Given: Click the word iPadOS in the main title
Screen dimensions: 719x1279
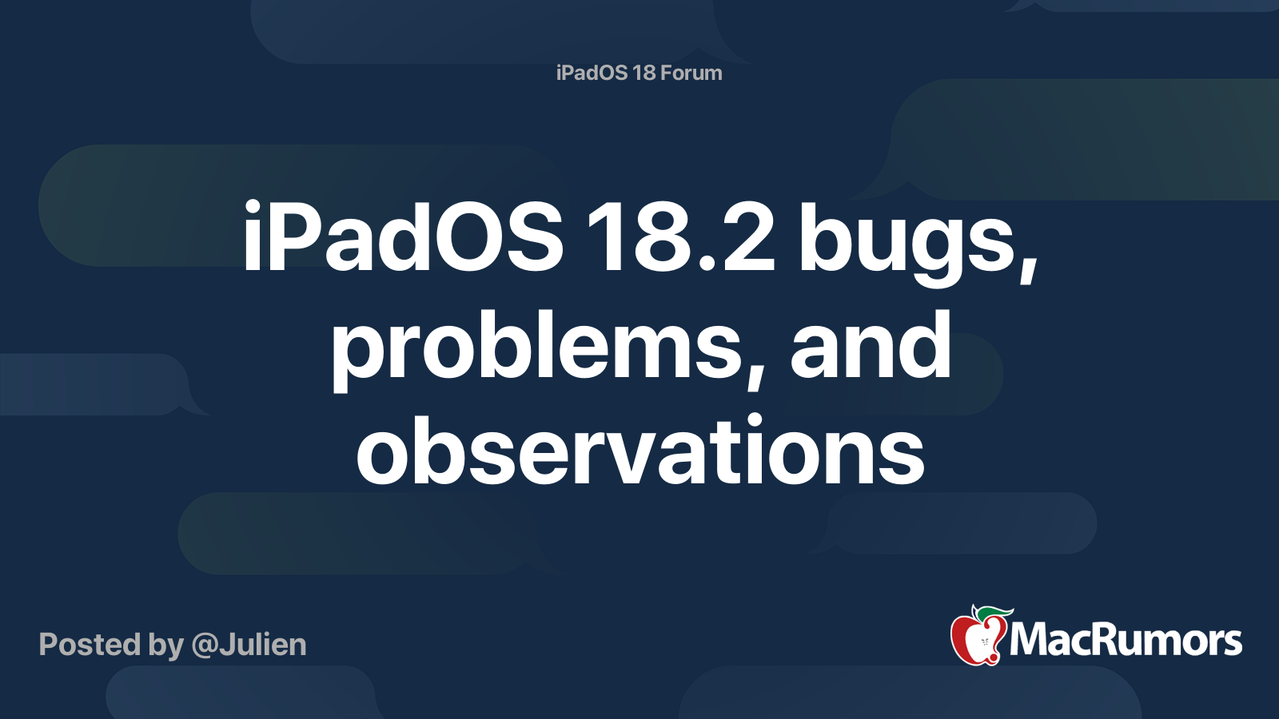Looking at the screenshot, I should click(x=403, y=237).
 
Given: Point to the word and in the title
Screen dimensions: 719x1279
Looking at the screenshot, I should click(x=871, y=345).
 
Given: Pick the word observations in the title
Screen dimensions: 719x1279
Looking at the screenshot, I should click(x=639, y=451).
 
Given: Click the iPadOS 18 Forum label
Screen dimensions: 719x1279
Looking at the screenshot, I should click(x=639, y=73).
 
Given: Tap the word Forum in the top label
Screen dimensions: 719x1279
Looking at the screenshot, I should click(x=691, y=73).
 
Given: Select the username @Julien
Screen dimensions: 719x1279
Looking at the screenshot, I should click(x=249, y=645).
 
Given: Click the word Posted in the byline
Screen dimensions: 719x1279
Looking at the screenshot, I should click(x=90, y=645).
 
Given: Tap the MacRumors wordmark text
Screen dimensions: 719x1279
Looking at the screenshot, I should click(x=1126, y=641).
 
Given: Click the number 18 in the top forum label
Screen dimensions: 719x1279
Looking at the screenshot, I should click(x=643, y=73).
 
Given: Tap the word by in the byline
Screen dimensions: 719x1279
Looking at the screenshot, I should click(x=165, y=646).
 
